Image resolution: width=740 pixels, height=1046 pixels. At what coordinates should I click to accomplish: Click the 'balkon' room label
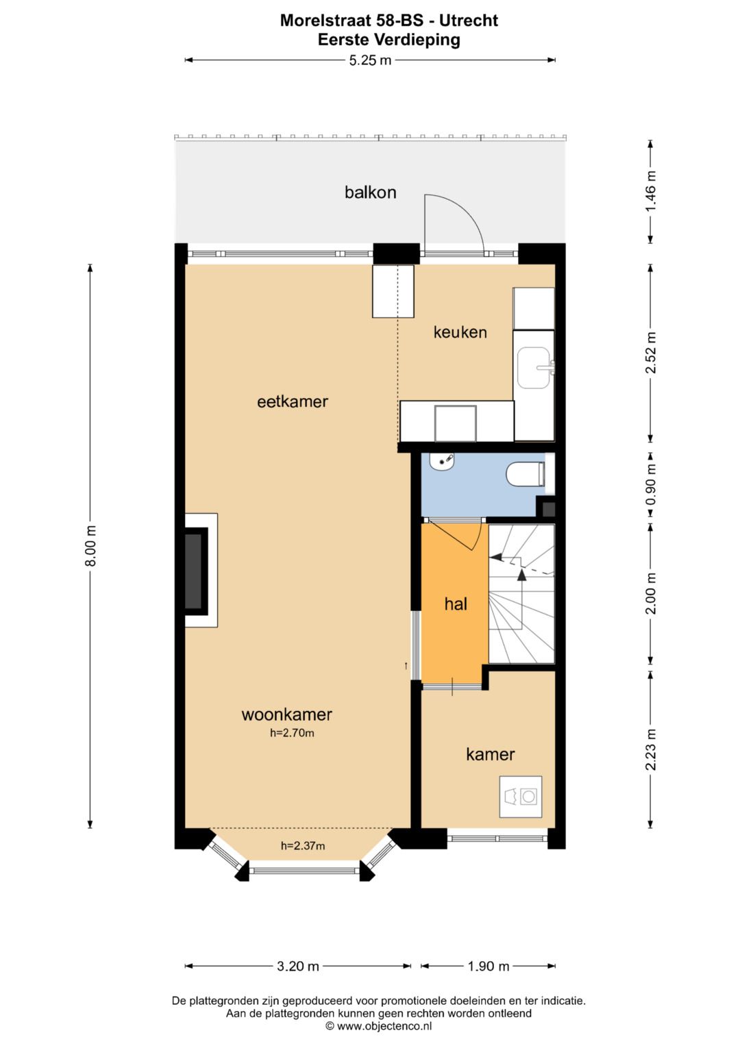click(x=370, y=192)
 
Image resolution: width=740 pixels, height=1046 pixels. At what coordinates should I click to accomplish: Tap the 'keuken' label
click(x=460, y=332)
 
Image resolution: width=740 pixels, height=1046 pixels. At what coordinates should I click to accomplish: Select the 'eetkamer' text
click(x=293, y=401)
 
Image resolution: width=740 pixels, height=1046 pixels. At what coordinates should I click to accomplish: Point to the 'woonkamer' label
click(x=286, y=714)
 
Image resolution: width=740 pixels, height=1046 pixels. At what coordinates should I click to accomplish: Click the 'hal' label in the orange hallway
click(x=456, y=603)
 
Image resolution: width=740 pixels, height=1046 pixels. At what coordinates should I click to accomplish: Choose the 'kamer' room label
click(x=490, y=754)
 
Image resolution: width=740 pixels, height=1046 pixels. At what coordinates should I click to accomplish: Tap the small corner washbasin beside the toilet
click(x=442, y=462)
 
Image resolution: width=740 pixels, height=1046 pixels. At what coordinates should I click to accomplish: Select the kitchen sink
click(x=534, y=368)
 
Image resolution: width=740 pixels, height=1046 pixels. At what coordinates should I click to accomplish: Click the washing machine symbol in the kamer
click(x=521, y=797)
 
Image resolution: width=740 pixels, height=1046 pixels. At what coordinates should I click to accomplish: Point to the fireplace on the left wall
click(x=196, y=570)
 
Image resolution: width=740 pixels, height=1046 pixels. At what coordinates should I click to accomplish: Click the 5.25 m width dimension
click(x=370, y=60)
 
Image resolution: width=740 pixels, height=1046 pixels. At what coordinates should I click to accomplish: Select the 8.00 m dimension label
click(x=90, y=546)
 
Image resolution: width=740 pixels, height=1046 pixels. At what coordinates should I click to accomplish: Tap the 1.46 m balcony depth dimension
click(x=650, y=191)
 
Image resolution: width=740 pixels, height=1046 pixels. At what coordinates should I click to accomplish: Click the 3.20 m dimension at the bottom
click(x=298, y=966)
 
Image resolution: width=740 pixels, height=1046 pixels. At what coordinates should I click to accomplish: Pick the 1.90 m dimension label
click(x=489, y=966)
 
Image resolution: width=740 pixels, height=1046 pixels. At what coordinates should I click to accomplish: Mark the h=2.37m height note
click(x=303, y=846)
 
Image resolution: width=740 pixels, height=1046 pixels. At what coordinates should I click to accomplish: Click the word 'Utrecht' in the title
click(x=469, y=21)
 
